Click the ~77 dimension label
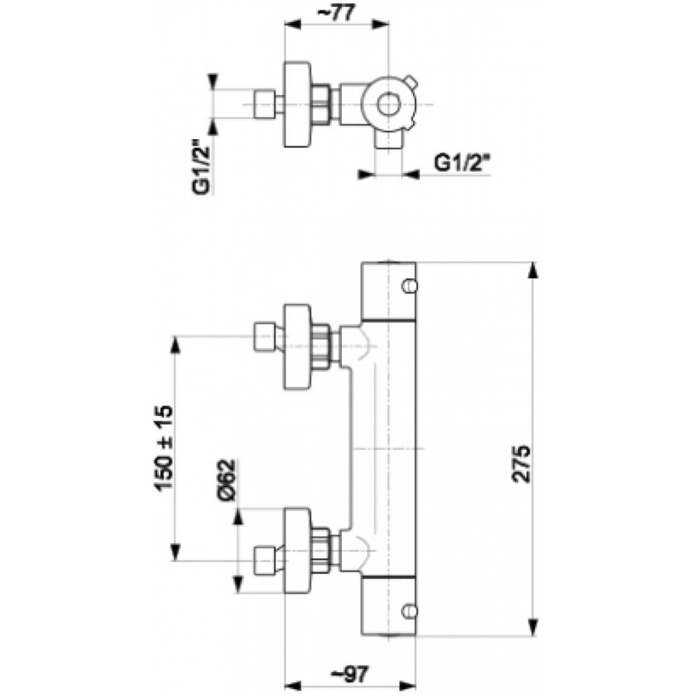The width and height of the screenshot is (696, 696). (337, 13)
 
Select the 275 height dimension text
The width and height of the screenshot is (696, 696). (521, 463)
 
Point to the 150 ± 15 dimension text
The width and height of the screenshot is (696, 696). (163, 449)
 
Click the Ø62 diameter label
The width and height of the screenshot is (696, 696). (226, 480)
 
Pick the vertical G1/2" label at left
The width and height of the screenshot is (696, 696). (201, 167)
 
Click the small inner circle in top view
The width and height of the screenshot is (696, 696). (389, 104)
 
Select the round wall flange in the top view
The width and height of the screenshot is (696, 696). (297, 104)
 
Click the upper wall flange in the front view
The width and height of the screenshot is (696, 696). (297, 346)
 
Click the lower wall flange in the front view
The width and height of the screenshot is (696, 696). (297, 551)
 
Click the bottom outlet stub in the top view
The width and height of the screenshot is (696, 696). (389, 139)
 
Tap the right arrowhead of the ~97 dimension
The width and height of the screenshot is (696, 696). (408, 691)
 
